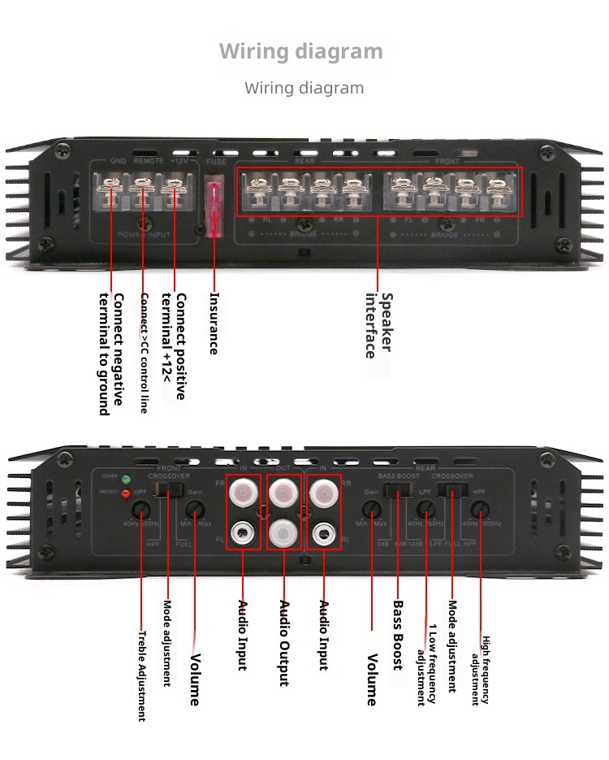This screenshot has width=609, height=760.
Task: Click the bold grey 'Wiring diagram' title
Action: (300, 51)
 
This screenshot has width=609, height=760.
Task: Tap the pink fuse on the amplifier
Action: (215, 210)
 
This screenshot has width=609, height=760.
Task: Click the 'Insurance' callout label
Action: (214, 323)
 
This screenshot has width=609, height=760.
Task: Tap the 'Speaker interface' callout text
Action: (378, 324)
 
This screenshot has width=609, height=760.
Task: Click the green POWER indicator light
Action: (126, 478)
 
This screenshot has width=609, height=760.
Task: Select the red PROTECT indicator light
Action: (126, 493)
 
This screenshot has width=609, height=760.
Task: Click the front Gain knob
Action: (194, 510)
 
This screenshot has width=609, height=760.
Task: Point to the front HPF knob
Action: (142, 510)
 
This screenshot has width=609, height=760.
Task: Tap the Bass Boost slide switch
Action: (397, 490)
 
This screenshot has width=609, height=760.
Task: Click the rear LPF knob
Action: (424, 510)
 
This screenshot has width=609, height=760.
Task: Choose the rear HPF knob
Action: (480, 510)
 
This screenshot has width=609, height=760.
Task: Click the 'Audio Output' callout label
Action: (284, 643)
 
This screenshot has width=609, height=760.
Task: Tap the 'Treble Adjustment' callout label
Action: (141, 676)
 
